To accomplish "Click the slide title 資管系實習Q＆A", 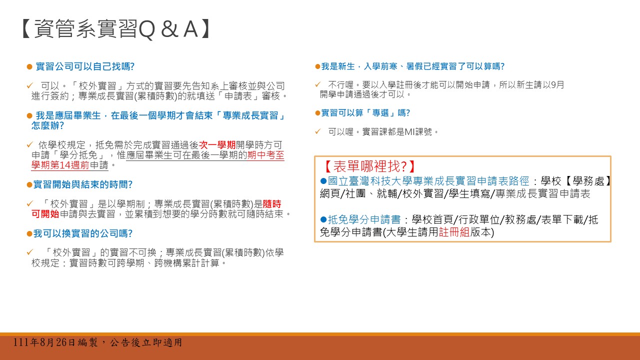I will point(115,29).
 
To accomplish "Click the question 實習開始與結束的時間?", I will point(83,184).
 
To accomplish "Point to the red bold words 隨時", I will point(272,204).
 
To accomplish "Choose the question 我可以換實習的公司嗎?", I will point(83,233).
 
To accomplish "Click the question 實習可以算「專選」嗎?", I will point(365,113).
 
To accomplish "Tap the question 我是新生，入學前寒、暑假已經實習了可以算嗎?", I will point(413,66).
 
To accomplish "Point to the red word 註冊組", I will point(454,232).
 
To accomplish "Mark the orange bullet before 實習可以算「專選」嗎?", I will point(317,113).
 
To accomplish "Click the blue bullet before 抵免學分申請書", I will point(323,219).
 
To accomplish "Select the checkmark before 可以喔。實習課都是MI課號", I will point(317,132).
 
